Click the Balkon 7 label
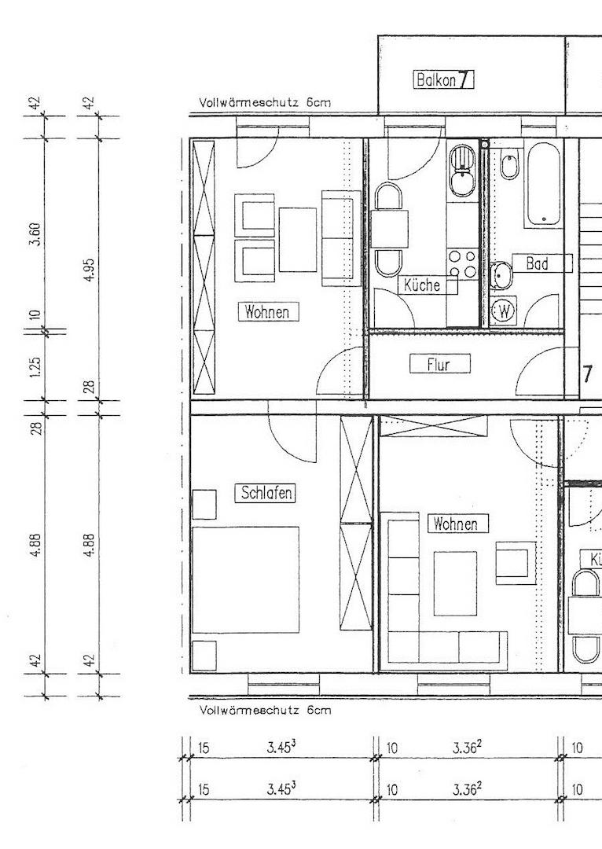pos(443,80)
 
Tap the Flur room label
pos(439,364)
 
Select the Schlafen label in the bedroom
pos(266,493)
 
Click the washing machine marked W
pos(504,311)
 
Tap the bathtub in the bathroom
pos(543,185)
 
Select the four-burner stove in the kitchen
pos(463,263)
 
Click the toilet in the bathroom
pos(510,165)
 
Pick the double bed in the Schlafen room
pos(245,579)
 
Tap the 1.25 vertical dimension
pos(35,366)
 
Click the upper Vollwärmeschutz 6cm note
pos(265,102)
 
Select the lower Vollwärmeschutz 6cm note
pos(265,710)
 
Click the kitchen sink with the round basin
pos(462,171)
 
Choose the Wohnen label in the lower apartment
pos(458,524)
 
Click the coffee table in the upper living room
pos(298,239)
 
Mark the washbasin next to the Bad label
pos(501,276)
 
